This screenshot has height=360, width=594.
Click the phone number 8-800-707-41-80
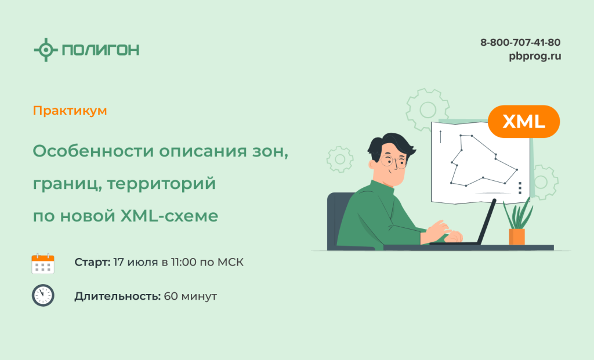point(520,42)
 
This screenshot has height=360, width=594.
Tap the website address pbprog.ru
point(535,56)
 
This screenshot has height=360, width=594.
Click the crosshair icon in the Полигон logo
point(46,50)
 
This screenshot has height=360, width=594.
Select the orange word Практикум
point(70,111)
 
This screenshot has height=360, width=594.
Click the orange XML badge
point(524,122)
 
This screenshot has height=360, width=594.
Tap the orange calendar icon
point(43,263)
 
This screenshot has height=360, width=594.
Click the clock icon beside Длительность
point(43,295)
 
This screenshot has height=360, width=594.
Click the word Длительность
point(118,296)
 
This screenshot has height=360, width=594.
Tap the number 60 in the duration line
point(171,296)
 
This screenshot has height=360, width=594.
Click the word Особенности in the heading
point(93,151)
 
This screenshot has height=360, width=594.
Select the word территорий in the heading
point(161,184)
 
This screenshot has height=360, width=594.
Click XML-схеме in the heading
point(169,216)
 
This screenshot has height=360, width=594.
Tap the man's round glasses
point(393,161)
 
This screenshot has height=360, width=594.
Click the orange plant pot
point(517,237)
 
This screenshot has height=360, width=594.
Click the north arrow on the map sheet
point(441,137)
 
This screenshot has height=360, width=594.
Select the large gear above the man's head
point(428,110)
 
